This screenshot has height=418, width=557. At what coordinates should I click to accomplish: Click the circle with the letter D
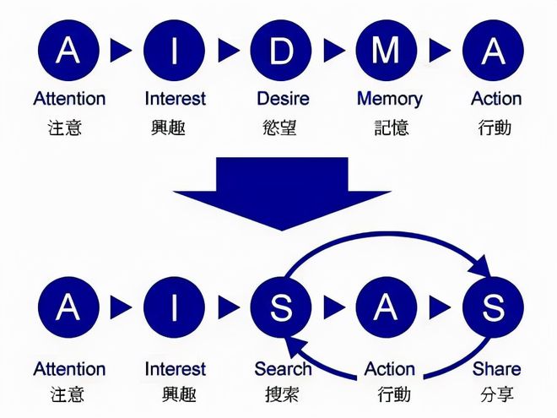(281, 51)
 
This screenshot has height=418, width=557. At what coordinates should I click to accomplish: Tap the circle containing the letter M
(387, 51)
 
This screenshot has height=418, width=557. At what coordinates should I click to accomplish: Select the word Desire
(283, 99)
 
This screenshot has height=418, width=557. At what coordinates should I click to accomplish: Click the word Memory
(390, 99)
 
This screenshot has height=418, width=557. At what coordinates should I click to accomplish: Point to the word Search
(283, 369)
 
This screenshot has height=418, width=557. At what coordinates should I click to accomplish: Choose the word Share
(496, 369)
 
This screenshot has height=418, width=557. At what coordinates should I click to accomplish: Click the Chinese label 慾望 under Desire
(279, 128)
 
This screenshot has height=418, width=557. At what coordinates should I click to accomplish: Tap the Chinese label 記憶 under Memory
(392, 128)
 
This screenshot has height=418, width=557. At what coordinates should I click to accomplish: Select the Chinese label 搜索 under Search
(282, 394)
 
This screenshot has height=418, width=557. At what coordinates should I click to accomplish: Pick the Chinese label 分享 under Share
(496, 394)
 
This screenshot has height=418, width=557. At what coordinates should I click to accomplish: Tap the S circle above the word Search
(281, 307)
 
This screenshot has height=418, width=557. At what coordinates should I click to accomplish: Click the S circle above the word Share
(493, 307)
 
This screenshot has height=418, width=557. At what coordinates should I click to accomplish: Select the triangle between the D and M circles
(333, 51)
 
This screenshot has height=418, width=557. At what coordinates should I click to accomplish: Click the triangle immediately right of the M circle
(440, 51)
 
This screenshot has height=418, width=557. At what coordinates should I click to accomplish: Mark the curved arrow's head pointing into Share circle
(481, 267)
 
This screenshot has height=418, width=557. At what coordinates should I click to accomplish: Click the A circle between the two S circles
(387, 307)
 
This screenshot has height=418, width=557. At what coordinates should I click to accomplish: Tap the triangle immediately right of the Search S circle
(333, 307)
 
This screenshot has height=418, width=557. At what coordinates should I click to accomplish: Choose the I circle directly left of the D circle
(174, 51)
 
